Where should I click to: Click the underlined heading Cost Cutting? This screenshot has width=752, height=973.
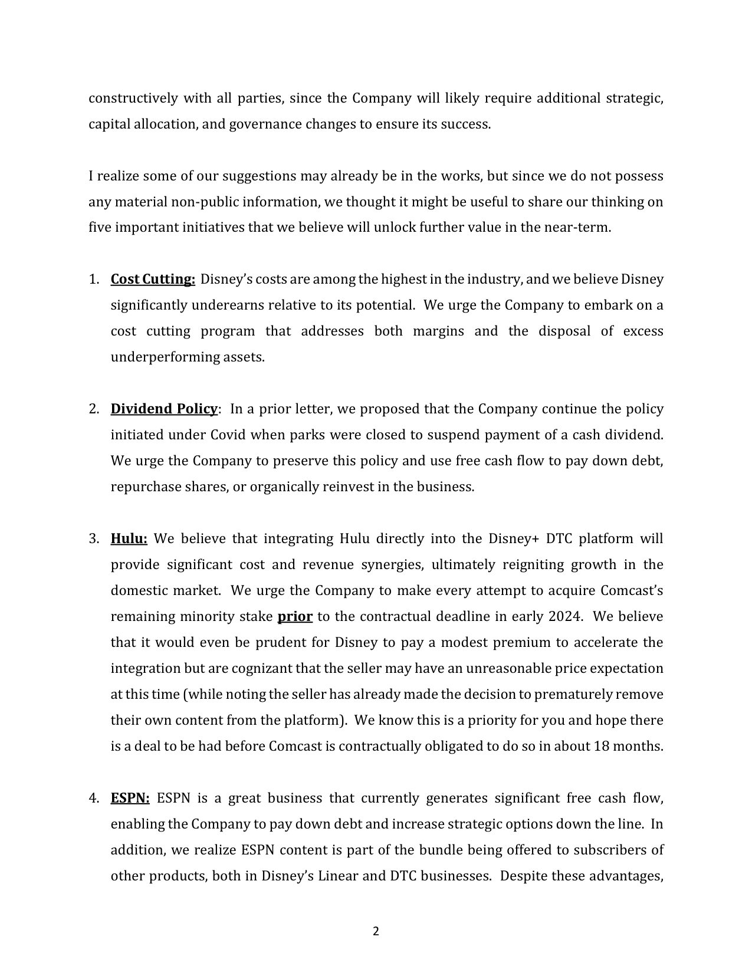[x=153, y=279]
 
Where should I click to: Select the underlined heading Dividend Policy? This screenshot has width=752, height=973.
[x=164, y=409]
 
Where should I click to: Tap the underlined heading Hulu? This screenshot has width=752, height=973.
[x=129, y=538]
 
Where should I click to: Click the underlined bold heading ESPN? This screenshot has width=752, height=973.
[x=130, y=798]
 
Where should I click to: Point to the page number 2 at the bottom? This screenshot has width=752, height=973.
[x=376, y=932]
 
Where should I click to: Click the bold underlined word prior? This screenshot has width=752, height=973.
[x=295, y=616]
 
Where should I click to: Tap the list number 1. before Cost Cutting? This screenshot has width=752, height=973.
[x=94, y=279]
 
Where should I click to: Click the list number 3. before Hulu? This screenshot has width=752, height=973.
[x=94, y=538]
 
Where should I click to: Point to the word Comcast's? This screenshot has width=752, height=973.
[x=632, y=590]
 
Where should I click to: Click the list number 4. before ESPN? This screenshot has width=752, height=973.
[x=94, y=798]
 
